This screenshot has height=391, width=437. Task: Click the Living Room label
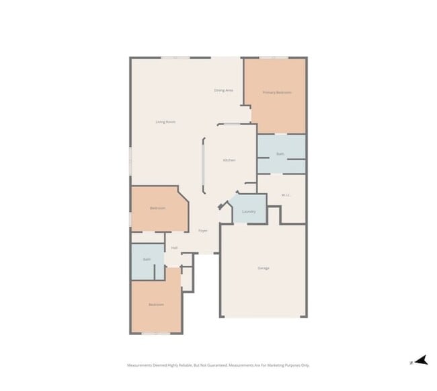click(x=165, y=122)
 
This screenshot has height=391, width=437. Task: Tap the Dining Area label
click(x=223, y=90)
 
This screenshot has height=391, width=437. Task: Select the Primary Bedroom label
click(x=276, y=92)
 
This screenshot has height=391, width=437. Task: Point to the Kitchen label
click(x=229, y=160)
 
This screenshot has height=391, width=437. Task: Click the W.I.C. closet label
click(x=286, y=195)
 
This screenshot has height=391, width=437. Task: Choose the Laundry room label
click(x=249, y=211)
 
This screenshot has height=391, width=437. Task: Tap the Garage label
click(x=264, y=268)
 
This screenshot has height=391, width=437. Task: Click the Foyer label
click(x=202, y=231)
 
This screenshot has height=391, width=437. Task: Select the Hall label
click(x=174, y=248)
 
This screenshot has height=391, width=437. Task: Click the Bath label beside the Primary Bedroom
click(x=280, y=154)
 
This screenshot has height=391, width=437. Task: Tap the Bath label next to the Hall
click(x=147, y=259)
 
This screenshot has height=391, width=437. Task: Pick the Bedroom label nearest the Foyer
click(x=157, y=208)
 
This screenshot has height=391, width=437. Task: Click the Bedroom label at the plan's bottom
click(x=156, y=305)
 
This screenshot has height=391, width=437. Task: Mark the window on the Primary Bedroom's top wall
click(x=274, y=58)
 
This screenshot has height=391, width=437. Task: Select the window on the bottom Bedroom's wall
click(x=156, y=333)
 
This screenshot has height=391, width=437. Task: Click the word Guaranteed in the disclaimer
click(x=214, y=365)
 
